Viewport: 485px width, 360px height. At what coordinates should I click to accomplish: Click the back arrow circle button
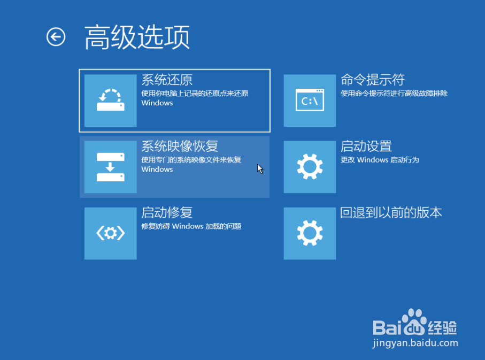56,37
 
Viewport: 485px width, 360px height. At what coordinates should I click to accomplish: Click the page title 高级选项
137,37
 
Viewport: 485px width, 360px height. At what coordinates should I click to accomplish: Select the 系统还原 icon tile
111,100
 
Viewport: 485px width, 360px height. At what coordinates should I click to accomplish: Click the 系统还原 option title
167,80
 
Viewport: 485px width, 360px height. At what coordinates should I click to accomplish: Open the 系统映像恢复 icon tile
111,167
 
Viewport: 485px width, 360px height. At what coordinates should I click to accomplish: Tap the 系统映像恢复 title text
180,147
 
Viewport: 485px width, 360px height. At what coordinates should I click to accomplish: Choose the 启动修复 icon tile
111,233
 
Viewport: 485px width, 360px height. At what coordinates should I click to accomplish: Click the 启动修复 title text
167,213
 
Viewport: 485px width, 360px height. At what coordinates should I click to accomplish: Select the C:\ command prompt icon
310,100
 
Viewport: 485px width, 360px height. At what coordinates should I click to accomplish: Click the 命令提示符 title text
373,80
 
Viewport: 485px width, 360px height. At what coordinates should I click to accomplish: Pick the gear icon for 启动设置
310,167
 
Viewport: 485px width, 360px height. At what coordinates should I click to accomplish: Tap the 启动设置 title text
366,147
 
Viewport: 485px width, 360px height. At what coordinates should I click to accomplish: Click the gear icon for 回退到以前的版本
310,233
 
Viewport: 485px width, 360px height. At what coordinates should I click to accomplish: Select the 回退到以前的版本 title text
391,213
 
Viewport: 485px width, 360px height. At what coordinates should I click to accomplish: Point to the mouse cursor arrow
260,168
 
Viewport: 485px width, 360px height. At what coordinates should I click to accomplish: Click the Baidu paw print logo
413,321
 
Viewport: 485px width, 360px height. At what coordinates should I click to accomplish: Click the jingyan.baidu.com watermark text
415,343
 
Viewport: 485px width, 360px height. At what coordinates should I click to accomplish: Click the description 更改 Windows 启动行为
380,160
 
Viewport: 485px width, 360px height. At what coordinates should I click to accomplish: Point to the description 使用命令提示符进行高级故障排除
394,94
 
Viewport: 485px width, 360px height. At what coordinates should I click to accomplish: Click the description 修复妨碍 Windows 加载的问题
191,226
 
